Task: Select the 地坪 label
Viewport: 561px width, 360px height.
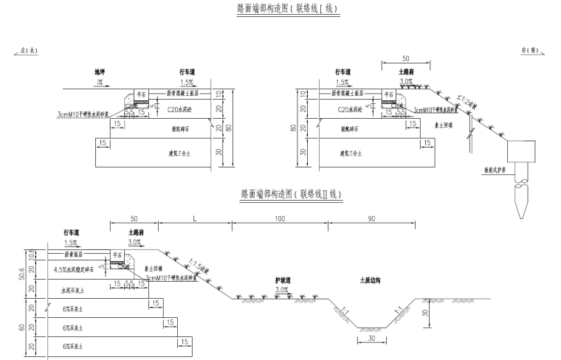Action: [x=100, y=72]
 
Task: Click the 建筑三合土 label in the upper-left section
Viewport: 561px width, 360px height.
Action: [x=179, y=155]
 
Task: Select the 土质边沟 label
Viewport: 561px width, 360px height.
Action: [x=372, y=280]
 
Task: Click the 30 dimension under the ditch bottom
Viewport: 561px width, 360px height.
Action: [x=371, y=339]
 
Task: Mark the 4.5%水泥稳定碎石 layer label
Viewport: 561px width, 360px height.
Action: [x=77, y=270]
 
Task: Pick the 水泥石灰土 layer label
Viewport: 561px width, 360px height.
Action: [x=74, y=291]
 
